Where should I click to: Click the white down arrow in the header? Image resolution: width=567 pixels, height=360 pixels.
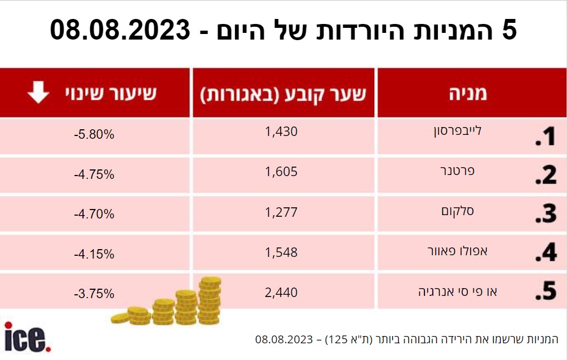pyautogui.click(x=38, y=93)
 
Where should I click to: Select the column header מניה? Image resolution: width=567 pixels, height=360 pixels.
pyautogui.click(x=468, y=94)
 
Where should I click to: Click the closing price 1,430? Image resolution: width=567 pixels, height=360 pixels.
pyautogui.click(x=281, y=132)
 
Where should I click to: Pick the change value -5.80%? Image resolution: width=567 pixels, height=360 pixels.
pyautogui.click(x=94, y=135)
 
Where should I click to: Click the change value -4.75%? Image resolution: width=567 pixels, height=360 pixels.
pyautogui.click(x=94, y=174)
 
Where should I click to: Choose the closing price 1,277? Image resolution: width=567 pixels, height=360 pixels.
pyautogui.click(x=281, y=212)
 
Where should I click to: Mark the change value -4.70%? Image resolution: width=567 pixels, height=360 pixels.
pyautogui.click(x=94, y=214)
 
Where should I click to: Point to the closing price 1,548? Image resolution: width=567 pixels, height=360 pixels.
pyautogui.click(x=281, y=252)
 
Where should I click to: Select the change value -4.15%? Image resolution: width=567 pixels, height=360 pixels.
pyautogui.click(x=94, y=254)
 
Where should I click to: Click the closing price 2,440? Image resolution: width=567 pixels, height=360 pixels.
pyautogui.click(x=281, y=292)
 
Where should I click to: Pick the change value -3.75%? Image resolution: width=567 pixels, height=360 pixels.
pyautogui.click(x=94, y=294)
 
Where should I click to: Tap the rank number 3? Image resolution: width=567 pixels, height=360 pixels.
pyautogui.click(x=546, y=214)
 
